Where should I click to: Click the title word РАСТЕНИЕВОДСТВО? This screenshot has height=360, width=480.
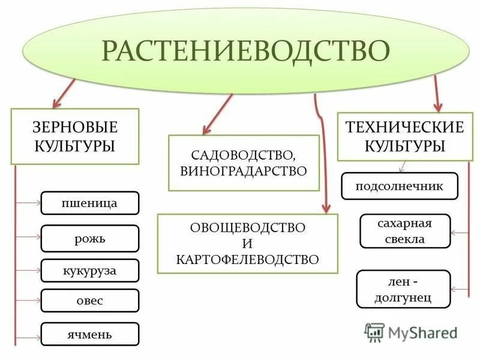(242, 51)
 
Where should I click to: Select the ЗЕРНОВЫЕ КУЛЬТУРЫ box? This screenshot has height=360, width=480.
(75, 136)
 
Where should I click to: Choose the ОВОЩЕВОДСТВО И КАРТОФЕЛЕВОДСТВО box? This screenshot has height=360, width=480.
(247, 244)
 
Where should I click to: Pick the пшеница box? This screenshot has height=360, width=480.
(89, 203)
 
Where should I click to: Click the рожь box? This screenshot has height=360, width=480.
(89, 238)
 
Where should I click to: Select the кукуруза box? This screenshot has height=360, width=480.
(89, 271)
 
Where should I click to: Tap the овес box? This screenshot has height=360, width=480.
(89, 301)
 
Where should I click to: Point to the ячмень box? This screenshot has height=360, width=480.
(89, 334)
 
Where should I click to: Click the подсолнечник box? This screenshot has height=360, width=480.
(400, 186)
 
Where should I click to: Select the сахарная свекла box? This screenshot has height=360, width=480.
(404, 231)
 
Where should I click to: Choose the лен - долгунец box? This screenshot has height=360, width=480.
(403, 289)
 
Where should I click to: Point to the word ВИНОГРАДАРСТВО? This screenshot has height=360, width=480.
(243, 170)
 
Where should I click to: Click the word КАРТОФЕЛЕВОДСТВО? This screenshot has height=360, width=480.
(247, 259)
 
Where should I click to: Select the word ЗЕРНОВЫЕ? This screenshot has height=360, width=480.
(75, 127)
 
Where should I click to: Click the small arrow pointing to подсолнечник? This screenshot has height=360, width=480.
(403, 166)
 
